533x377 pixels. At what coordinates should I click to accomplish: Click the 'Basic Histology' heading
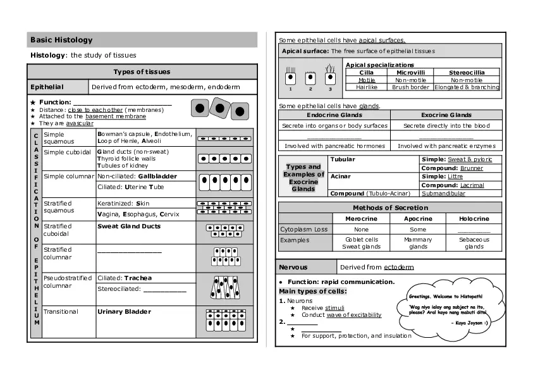pyautogui.click(x=61, y=40)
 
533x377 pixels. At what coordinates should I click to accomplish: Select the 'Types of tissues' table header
pyautogui.click(x=142, y=71)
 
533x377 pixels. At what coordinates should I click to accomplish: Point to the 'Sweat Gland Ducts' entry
pyautogui.click(x=129, y=226)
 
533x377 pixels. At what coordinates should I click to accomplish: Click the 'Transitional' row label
pyautogui.click(x=61, y=311)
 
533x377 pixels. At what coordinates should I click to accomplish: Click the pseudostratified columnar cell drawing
pyautogui.click(x=226, y=288)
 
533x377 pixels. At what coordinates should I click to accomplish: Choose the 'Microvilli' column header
pyautogui.click(x=411, y=73)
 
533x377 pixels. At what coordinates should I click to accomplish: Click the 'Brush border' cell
pyautogui.click(x=411, y=87)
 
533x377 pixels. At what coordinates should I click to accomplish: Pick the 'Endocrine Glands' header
pyautogui.click(x=334, y=115)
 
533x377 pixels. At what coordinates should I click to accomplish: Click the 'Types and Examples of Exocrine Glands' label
pyautogui.click(x=303, y=178)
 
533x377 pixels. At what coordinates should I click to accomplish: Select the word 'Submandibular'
pyautogui.click(x=444, y=194)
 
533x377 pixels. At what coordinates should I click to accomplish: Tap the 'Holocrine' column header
pyautogui.click(x=474, y=218)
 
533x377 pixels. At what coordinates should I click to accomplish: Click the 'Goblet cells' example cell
pyautogui.click(x=362, y=240)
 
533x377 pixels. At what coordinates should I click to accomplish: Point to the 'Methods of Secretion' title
pyautogui.click(x=390, y=207)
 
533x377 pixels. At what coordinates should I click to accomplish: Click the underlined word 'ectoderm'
pyautogui.click(x=398, y=267)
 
